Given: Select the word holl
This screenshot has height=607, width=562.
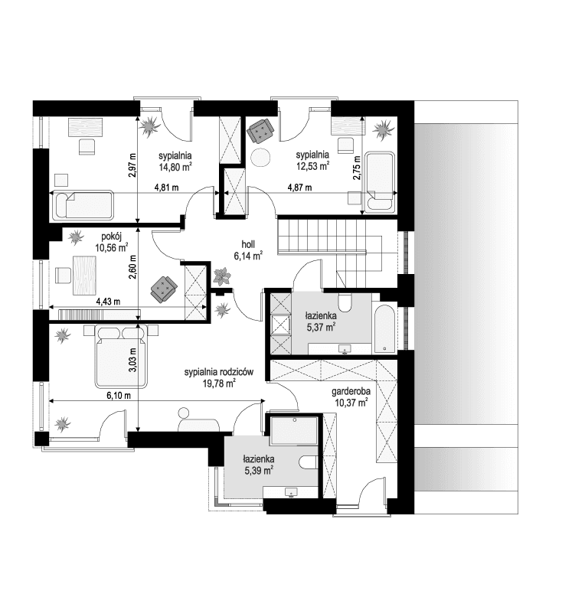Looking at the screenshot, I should click(x=248, y=243).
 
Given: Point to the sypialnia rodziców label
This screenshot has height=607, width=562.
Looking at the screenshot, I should click(x=218, y=372).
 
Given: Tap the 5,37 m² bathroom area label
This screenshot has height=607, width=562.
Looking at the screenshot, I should click(x=321, y=327).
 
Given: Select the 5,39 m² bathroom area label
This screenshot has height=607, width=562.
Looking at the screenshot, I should click(x=259, y=471).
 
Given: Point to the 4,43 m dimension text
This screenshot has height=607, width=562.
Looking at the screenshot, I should click(x=108, y=302).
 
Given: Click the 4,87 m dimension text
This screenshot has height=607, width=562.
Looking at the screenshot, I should click(x=299, y=188).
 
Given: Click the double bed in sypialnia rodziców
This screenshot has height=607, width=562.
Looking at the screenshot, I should click(x=119, y=354).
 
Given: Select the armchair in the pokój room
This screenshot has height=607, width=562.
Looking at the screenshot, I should click(x=164, y=286).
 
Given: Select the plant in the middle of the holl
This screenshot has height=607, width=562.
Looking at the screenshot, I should click(x=222, y=273).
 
